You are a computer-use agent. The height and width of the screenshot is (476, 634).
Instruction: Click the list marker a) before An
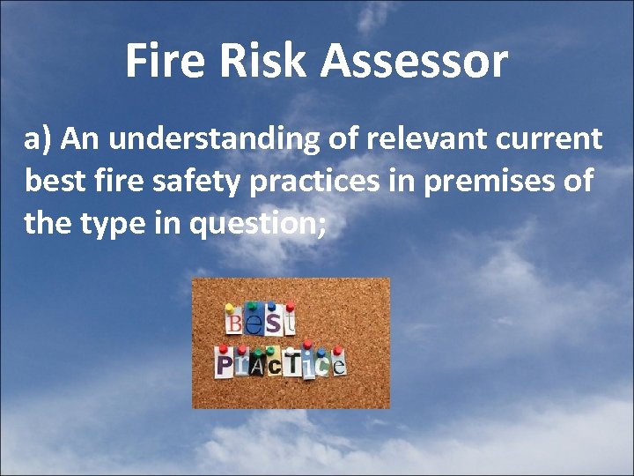tap(41, 139)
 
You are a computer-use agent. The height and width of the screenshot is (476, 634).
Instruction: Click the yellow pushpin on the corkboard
tap(229, 309)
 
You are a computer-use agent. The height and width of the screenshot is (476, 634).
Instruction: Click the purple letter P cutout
tap(224, 364)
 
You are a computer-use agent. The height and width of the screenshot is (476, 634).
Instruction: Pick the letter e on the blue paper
tap(254, 324)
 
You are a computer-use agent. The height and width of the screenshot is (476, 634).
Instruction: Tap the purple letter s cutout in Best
tap(273, 323)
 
